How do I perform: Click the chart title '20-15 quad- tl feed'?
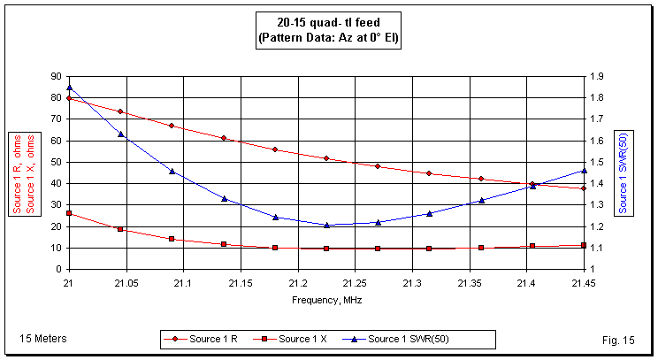click(x=328, y=23)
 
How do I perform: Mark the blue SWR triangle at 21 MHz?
click(x=69, y=88)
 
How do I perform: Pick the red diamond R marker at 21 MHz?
click(x=69, y=98)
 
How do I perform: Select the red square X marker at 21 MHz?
click(x=69, y=213)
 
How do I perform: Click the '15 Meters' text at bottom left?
click(x=42, y=339)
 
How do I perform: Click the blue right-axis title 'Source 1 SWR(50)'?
click(x=624, y=172)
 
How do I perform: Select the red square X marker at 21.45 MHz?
click(x=584, y=245)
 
